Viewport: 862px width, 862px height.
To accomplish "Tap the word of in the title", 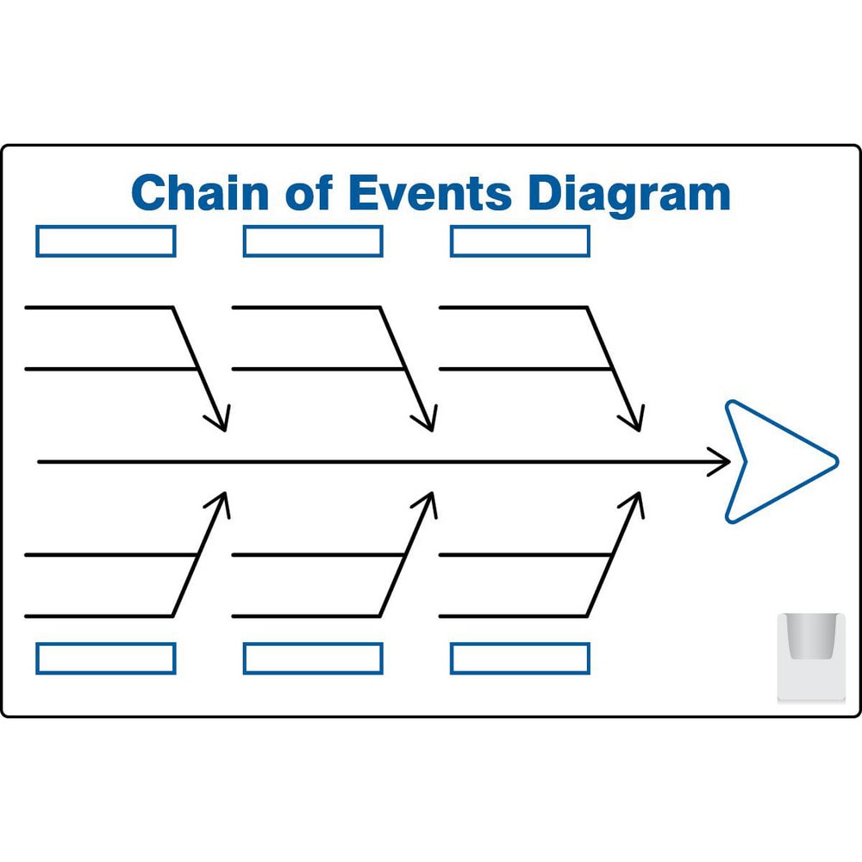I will click(311, 192).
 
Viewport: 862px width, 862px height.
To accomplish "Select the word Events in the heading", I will click(428, 192).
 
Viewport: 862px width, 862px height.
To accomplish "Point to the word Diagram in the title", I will click(628, 194).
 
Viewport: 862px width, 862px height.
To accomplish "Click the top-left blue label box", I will click(105, 241).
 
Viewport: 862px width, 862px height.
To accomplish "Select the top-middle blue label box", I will click(313, 241).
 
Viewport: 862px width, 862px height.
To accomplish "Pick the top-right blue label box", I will click(520, 241).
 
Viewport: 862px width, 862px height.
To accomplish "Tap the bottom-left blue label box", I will click(105, 658).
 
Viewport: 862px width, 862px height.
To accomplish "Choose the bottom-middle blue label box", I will click(313, 658).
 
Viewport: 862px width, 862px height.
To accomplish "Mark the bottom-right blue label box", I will click(520, 658).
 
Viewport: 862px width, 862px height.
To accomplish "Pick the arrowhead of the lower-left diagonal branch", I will click(220, 502).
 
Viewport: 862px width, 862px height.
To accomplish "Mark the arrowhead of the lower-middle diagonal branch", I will click(428, 502).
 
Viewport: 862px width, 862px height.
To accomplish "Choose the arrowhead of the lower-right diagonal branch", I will click(634, 502).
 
